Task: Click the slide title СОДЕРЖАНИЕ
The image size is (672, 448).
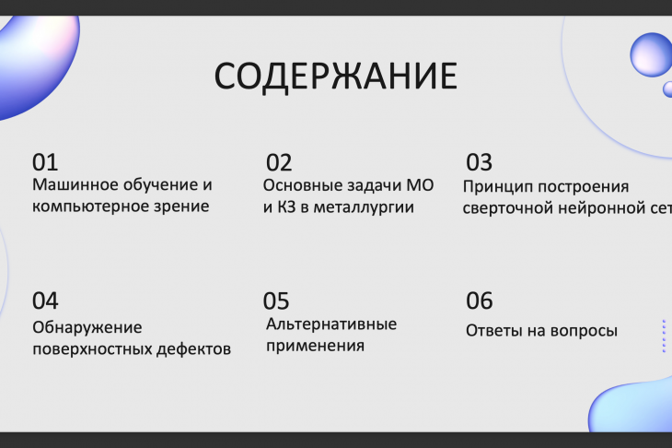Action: (x=336, y=76)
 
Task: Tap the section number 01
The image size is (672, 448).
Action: (x=45, y=162)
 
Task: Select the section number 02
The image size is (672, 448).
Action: (x=279, y=162)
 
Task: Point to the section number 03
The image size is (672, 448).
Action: (x=479, y=162)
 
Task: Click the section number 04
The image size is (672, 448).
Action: (x=45, y=301)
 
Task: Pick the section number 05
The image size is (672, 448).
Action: (x=276, y=301)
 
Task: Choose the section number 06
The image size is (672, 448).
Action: (x=479, y=301)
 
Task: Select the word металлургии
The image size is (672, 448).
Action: (x=364, y=207)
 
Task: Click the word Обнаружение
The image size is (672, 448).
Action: (x=87, y=327)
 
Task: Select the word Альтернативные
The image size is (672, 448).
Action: (x=331, y=324)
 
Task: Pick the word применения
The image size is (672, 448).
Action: (x=315, y=346)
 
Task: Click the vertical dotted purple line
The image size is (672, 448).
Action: (x=664, y=336)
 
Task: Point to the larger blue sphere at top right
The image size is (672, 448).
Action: (x=652, y=55)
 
